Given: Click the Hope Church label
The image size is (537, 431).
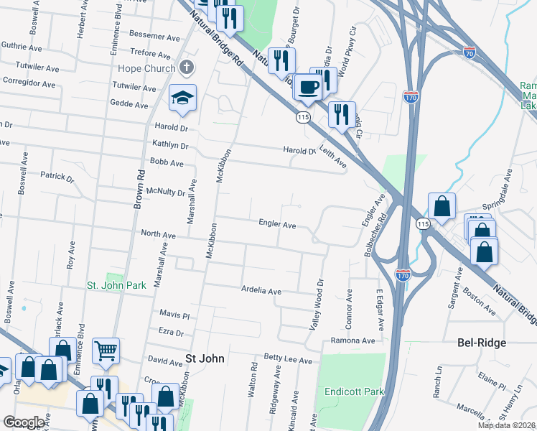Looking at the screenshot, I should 146,69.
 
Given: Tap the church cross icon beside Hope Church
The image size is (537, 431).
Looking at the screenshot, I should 187,68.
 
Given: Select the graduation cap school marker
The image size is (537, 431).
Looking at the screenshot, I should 182,98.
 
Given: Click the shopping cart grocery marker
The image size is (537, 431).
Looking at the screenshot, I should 106,351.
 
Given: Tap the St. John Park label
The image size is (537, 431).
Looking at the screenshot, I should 116,285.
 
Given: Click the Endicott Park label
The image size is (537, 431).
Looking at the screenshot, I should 355,392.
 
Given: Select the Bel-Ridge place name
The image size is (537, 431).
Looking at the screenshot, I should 482,343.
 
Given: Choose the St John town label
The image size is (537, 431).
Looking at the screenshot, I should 205,358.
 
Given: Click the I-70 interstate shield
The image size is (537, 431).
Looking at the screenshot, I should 470,52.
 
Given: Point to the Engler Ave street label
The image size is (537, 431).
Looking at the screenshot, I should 278,225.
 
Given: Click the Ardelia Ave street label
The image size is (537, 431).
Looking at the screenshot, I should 261,292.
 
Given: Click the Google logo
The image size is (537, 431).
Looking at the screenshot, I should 24,422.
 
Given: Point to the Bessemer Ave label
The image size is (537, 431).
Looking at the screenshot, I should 155,35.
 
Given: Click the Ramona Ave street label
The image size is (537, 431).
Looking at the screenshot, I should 353,340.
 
